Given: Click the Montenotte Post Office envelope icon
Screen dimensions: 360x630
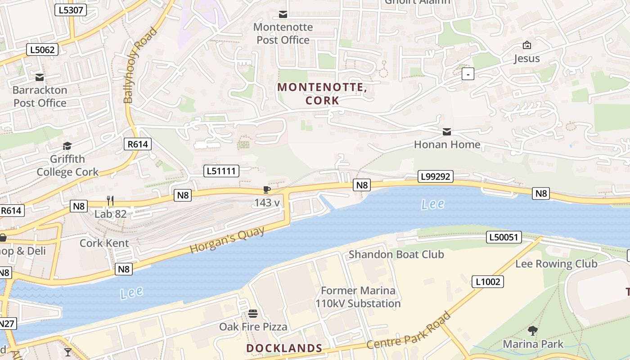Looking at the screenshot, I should pos(283,14).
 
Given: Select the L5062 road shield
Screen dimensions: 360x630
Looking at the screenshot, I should pos(43,49).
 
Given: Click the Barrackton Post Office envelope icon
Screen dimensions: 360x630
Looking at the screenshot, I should pos(40,77).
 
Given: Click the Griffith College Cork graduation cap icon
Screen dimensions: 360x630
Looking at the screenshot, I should pos(67,146).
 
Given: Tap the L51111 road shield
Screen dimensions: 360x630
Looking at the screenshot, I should pos(221,171).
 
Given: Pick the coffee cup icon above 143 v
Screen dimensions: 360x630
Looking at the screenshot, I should pos(267,190).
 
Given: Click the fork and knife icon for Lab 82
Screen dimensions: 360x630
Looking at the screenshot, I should pos(110,200).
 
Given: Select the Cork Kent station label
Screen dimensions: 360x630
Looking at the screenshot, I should pos(104,243).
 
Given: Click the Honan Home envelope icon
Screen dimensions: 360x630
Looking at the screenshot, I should pos(447,132).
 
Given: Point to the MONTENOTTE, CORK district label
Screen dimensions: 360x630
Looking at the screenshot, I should pos(322,94).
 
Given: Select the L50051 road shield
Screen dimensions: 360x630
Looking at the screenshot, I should pos(504,237).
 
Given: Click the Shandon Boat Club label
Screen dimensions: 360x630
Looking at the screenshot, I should pos(396,254).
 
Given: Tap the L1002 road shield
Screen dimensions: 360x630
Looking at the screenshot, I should pos(487,282).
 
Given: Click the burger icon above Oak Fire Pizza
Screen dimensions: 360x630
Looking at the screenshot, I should pos(253,313).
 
